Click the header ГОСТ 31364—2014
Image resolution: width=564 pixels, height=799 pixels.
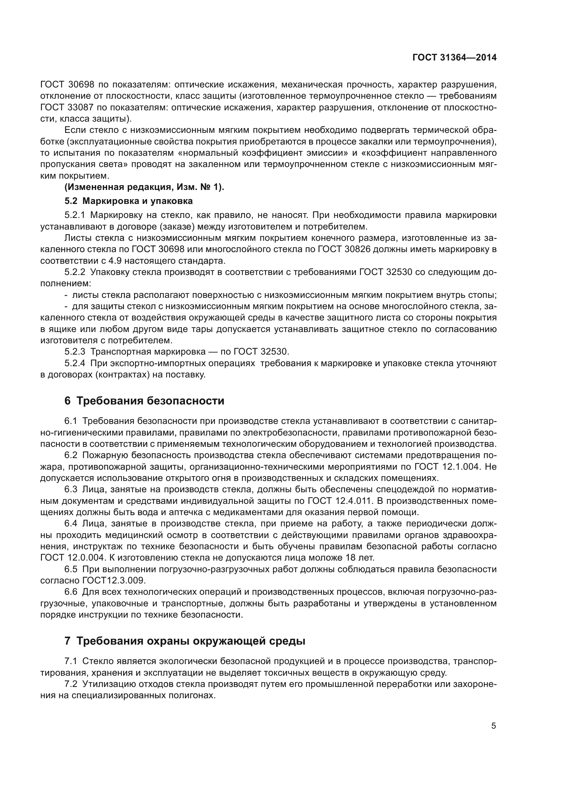click(x=454, y=58)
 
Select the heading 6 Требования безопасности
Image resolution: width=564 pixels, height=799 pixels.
click(x=144, y=401)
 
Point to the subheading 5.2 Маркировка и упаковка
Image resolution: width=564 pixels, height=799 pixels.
click(x=128, y=201)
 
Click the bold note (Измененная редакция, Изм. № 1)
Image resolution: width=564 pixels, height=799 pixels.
click(x=144, y=187)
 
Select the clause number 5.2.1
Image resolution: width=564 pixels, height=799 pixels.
click(x=74, y=215)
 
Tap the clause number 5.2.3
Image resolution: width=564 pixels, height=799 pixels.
click(x=74, y=352)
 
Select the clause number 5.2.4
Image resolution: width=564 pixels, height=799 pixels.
click(x=74, y=363)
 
